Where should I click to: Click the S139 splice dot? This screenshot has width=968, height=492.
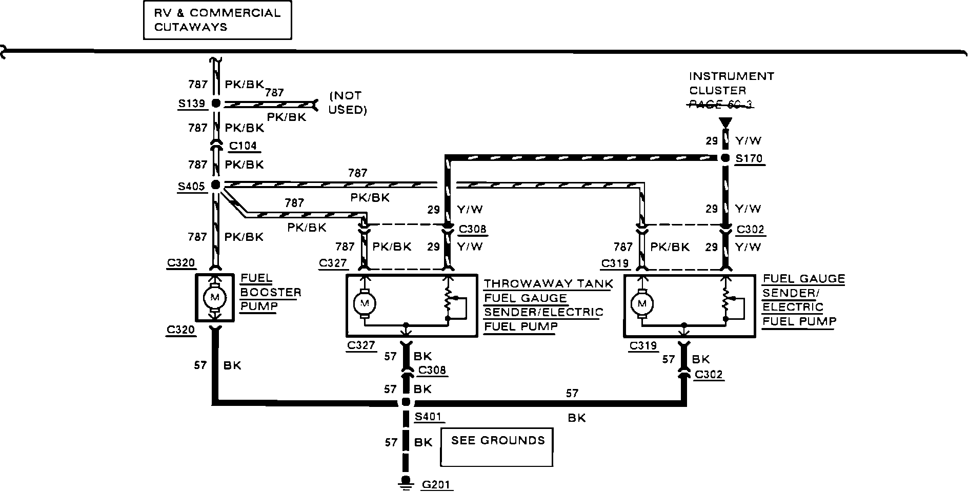point(216,103)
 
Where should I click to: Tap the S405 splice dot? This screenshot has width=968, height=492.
point(216,184)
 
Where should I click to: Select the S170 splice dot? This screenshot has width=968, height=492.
point(725,158)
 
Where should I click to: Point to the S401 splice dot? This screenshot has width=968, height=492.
point(406,402)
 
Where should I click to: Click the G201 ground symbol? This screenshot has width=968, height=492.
point(406,482)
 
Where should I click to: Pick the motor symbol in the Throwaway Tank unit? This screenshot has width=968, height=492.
point(365,303)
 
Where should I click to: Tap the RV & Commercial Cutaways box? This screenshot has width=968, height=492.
point(217,20)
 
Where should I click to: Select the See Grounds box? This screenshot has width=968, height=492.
point(497,447)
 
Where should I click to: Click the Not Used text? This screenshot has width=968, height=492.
point(347,102)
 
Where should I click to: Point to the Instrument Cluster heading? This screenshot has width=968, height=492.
point(731,83)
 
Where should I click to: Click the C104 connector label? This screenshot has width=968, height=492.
point(243,146)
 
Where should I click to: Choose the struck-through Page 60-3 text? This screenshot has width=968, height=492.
point(720,105)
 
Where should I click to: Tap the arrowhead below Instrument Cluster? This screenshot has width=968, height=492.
point(725,123)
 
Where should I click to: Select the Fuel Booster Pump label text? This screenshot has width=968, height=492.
point(270,292)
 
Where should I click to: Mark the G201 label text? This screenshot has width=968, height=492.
point(437,484)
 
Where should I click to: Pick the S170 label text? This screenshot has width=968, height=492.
point(749,159)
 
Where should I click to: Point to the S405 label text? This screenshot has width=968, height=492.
point(191,187)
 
